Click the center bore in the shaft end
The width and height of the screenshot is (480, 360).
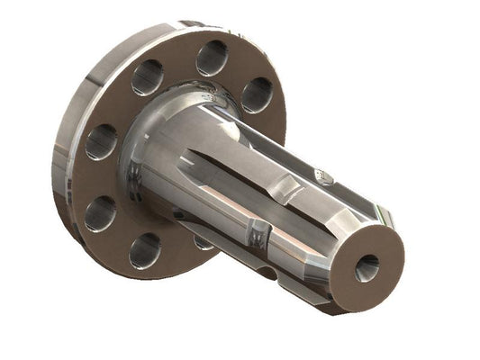(x=367, y=267)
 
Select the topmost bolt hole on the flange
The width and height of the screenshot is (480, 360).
(x=212, y=58)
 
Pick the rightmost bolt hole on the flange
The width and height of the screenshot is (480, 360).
(x=257, y=94)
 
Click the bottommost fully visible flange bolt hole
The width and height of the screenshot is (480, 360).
(x=144, y=250)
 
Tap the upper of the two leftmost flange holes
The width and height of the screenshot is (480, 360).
(x=101, y=142)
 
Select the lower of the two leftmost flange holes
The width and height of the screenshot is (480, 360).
(x=100, y=213)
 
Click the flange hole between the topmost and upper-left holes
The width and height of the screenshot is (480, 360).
(x=147, y=77)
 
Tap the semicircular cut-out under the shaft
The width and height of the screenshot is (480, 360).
(x=266, y=269)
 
